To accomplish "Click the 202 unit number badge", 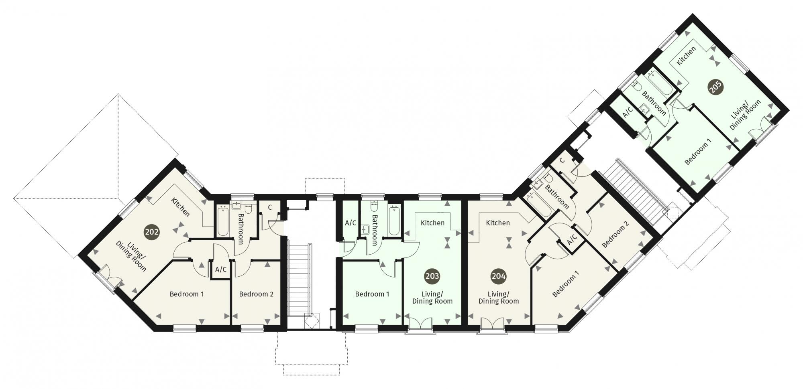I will (152, 232).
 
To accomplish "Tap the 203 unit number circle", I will (432, 276).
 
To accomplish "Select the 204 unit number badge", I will (499, 276).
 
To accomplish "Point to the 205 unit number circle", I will (715, 87).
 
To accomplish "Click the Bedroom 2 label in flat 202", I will (256, 294).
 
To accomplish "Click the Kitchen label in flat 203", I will (432, 223).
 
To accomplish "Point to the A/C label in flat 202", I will (221, 269).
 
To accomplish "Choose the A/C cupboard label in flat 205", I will (628, 112).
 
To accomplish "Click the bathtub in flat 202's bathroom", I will (223, 221).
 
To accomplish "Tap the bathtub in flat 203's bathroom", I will (394, 220).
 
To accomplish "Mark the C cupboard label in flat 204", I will (562, 160).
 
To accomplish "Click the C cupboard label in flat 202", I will (270, 207).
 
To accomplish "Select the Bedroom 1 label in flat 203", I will (372, 294).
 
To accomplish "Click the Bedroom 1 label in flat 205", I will (698, 152).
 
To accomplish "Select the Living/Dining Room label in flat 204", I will (499, 297).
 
